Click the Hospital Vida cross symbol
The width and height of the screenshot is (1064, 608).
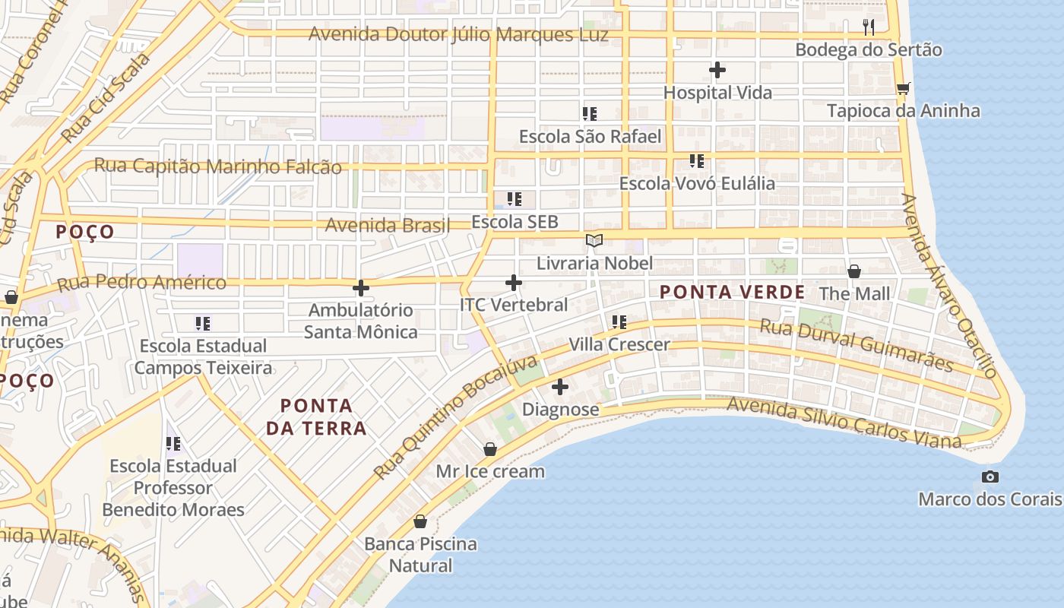pyautogui.click(x=717, y=70)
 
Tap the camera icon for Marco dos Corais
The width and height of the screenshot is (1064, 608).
pyautogui.click(x=990, y=477)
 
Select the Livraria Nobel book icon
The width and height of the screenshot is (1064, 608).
pyautogui.click(x=594, y=241)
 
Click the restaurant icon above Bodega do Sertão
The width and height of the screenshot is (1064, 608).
pyautogui.click(x=869, y=27)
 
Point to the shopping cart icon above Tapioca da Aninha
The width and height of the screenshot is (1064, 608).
pyautogui.click(x=903, y=88)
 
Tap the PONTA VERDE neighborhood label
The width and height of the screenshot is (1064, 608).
pyautogui.click(x=732, y=292)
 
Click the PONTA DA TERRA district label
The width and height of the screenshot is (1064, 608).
pyautogui.click(x=316, y=416)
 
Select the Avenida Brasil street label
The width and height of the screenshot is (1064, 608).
pyautogui.click(x=388, y=225)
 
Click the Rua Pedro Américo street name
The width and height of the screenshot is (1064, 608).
pyautogui.click(x=142, y=283)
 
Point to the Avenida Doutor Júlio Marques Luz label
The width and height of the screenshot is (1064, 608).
pyautogui.click(x=458, y=35)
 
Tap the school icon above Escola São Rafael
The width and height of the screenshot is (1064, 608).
pyautogui.click(x=590, y=114)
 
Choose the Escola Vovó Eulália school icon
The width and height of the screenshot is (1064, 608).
pyautogui.click(x=697, y=161)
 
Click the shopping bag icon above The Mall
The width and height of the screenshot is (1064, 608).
pyautogui.click(x=854, y=271)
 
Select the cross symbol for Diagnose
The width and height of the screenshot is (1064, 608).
pyautogui.click(x=560, y=387)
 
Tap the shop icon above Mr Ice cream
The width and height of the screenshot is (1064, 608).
pyautogui.click(x=490, y=449)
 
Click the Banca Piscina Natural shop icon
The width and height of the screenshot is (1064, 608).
pyautogui.click(x=420, y=521)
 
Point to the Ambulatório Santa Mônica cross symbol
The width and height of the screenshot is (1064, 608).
pyautogui.click(x=361, y=287)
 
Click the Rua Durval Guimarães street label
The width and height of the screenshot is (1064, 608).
pyautogui.click(x=857, y=346)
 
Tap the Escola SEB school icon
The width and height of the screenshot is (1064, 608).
pyautogui.click(x=515, y=199)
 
